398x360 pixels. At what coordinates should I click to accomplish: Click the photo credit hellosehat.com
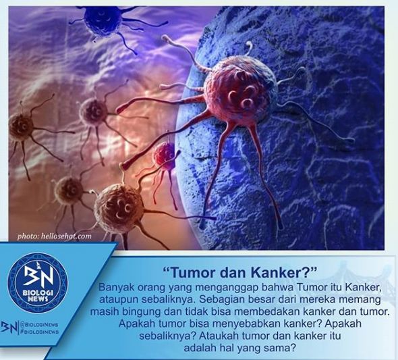pyautogui.click(x=55, y=236)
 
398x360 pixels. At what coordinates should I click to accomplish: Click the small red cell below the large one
pyautogui.click(x=163, y=155)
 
